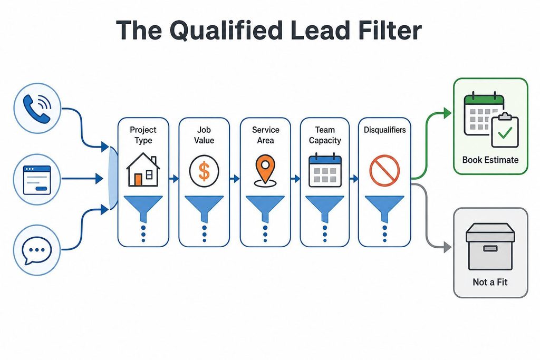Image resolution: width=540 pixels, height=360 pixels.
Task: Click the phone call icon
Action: tap(37, 108)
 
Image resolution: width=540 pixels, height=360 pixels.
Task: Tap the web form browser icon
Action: tap(37, 179)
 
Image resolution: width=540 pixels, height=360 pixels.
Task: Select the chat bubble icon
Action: tap(37, 250)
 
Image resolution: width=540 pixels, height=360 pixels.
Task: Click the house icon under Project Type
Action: tap(143, 170)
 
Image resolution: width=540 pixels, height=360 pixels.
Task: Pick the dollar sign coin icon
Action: tap(204, 171)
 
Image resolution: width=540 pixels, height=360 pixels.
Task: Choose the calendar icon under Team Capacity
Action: tap(325, 171)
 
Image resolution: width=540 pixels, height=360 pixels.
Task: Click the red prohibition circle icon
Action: tap(384, 171)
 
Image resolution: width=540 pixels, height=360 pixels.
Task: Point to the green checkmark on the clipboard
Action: tap(505, 132)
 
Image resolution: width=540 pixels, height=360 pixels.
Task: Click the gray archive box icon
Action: tap(490, 247)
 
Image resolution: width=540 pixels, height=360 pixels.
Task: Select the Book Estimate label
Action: tap(490, 160)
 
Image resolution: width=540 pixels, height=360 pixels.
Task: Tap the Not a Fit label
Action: tap(490, 282)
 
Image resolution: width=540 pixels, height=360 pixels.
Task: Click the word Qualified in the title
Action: tap(226, 31)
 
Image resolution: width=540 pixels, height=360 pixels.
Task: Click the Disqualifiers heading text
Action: tap(384, 130)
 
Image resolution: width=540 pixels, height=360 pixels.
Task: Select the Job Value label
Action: tap(204, 135)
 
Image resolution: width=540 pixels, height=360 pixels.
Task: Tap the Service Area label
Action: tap(265, 135)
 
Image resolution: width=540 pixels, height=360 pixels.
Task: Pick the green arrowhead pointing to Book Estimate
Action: tap(447, 113)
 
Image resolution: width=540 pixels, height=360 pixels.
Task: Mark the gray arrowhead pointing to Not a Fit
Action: tap(447, 247)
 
